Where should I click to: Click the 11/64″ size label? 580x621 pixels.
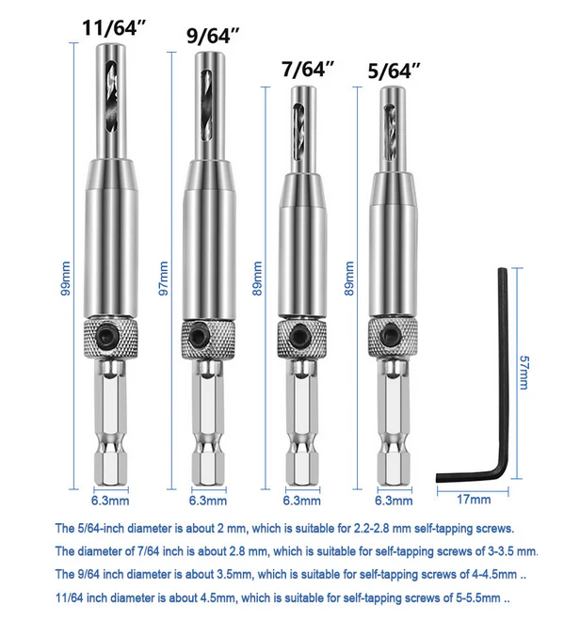pos(114,28)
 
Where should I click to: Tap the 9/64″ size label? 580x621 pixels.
pos(213,36)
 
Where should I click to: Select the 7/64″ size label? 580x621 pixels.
pos(308,69)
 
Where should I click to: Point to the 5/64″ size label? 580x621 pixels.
pos(394,72)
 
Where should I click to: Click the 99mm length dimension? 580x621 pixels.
pos(65,278)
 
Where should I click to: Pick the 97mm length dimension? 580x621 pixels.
pos(163,278)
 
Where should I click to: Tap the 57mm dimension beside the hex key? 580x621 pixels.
pos(524,373)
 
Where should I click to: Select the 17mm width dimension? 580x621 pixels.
pos(474,500)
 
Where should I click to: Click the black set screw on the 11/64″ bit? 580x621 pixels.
pos(108,337)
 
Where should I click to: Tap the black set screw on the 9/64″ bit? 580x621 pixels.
pos(200,336)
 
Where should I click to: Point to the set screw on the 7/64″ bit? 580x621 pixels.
pos(298,337)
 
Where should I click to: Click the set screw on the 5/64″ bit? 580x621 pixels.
pos(390,336)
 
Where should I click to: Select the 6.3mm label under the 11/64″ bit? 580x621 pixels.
pos(110,501)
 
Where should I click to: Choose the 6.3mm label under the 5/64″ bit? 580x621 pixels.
pos(394,501)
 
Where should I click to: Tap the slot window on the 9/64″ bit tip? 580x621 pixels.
pos(207,105)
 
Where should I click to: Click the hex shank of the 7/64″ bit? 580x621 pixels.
pos(302,423)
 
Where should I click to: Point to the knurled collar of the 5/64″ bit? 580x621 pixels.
pos(393,337)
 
